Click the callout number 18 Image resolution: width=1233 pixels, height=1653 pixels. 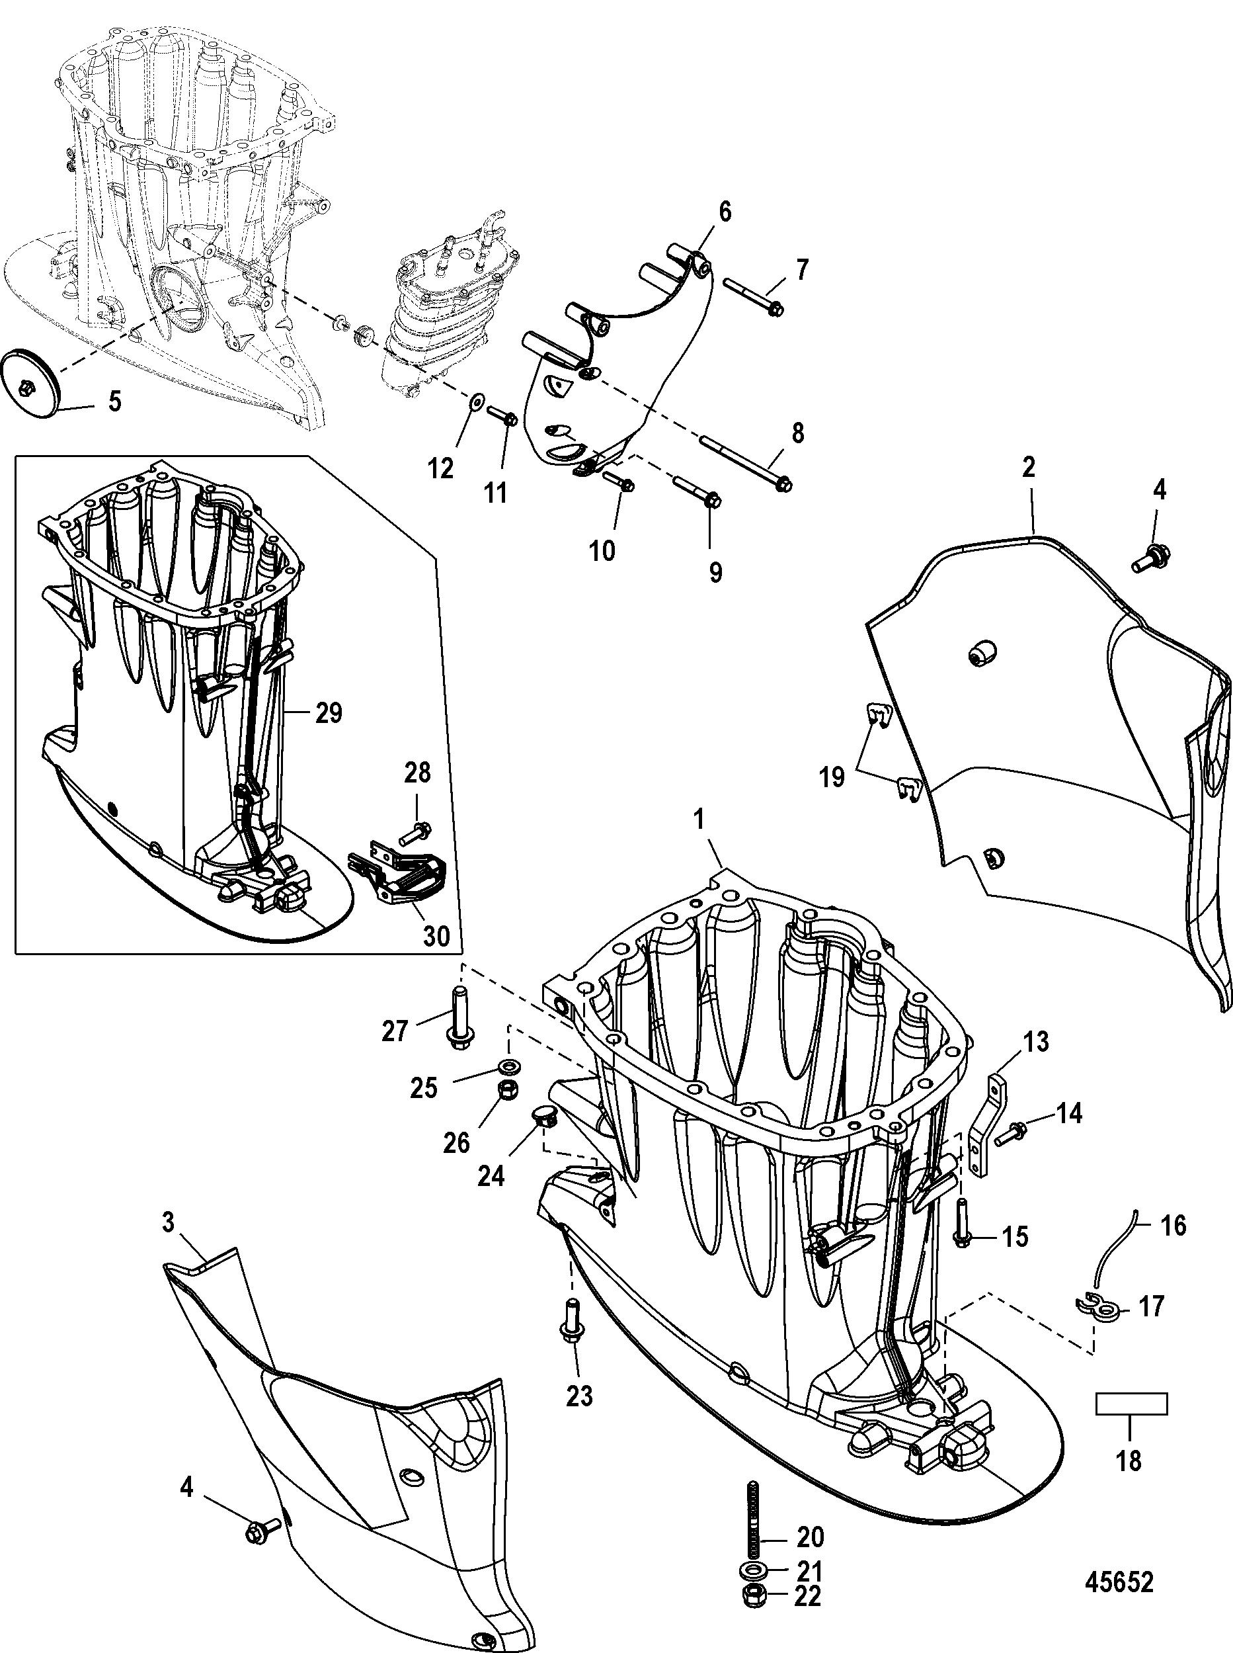(x=1129, y=1460)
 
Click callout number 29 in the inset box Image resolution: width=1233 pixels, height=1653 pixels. (x=328, y=713)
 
